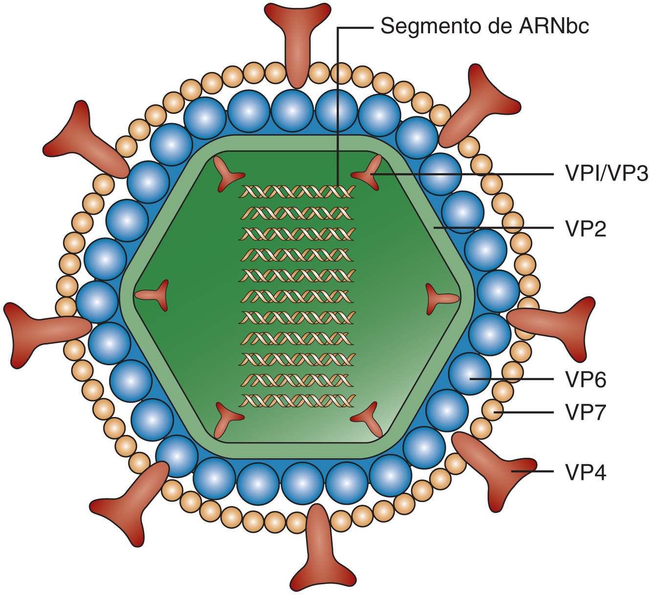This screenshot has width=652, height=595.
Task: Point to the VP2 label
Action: pyautogui.click(x=586, y=228)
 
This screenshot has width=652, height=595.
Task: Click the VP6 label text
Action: pyautogui.click(x=586, y=379)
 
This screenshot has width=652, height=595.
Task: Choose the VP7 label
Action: pyautogui.click(x=586, y=412)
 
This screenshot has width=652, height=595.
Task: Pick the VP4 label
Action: pyautogui.click(x=586, y=472)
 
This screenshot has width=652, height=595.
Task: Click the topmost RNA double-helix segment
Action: pyautogui.click(x=297, y=192)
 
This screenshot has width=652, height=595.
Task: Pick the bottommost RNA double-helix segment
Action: pyautogui.click(x=297, y=401)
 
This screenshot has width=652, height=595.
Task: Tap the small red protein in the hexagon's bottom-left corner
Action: pyautogui.click(x=226, y=418)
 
